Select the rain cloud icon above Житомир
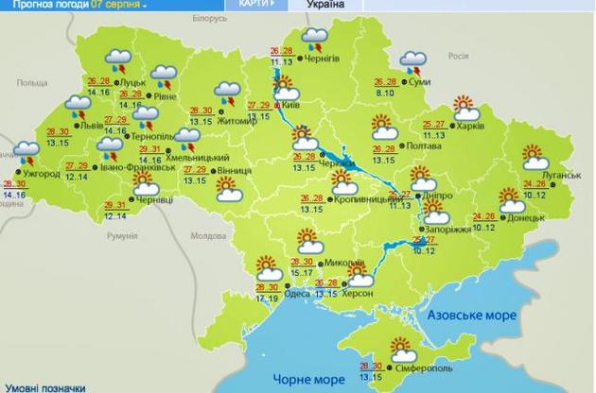coord(227,92)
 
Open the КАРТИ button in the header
coord(257,5)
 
